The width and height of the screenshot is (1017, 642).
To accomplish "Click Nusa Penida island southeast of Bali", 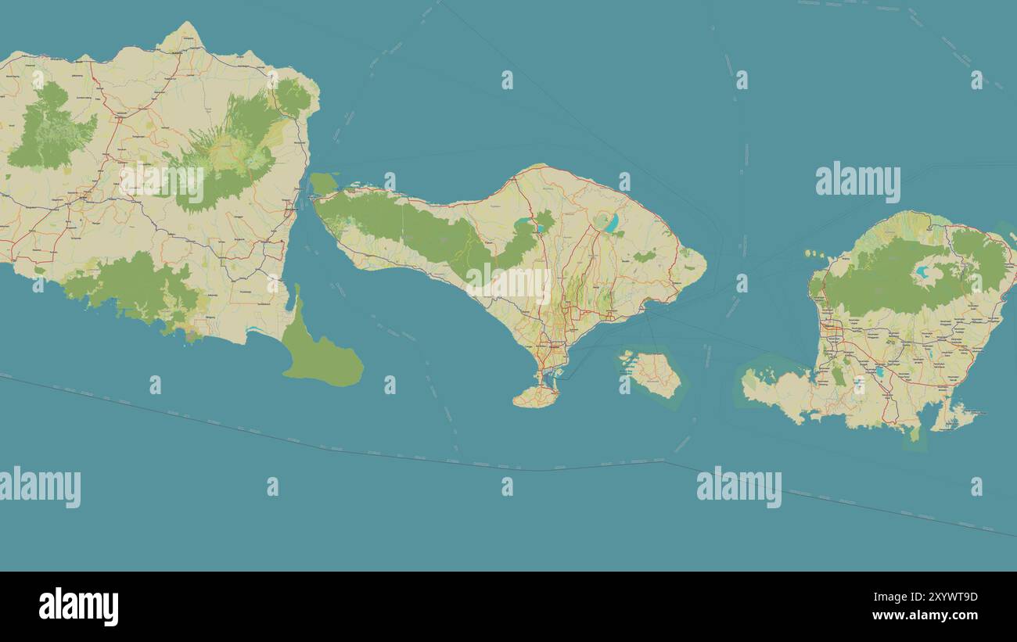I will pyautogui.click(x=656, y=374).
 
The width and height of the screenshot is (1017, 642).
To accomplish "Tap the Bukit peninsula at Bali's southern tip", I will pyautogui.click(x=537, y=396).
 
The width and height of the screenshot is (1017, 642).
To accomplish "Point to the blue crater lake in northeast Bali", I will pyautogui.click(x=612, y=223).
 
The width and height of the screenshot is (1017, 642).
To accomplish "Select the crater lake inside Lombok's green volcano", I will pyautogui.click(x=923, y=273).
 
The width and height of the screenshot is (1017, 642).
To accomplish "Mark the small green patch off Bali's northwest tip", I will pyautogui.click(x=323, y=184).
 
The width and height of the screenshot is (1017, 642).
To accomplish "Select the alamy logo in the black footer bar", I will pyautogui.click(x=79, y=607).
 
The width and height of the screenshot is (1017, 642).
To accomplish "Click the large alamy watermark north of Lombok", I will pyautogui.click(x=857, y=182).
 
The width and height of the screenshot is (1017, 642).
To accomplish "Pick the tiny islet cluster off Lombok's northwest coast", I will pyautogui.click(x=814, y=254).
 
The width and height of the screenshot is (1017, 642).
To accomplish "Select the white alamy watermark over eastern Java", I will pyautogui.click(x=161, y=182).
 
